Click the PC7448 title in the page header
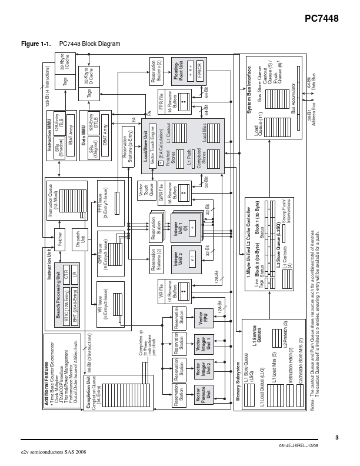point(321,19)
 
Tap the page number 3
point(337,437)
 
